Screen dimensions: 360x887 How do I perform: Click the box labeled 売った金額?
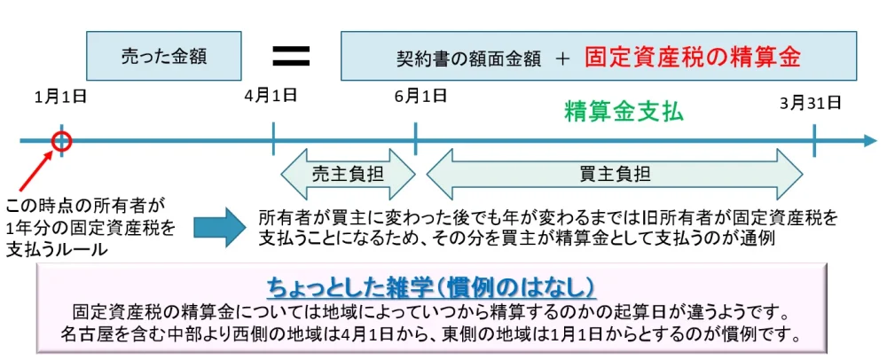coord(164,56)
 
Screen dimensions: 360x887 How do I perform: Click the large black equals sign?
coord(290,55)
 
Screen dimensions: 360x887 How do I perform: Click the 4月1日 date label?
coord(270,96)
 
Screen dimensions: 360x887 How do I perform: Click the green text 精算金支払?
coord(624,113)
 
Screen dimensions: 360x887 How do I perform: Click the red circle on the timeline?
coord(61,140)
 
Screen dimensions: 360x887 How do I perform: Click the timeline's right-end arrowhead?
coord(868,140)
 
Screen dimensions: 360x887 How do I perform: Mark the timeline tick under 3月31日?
coord(814,140)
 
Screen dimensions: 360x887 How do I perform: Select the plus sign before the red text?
coord(561,59)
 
